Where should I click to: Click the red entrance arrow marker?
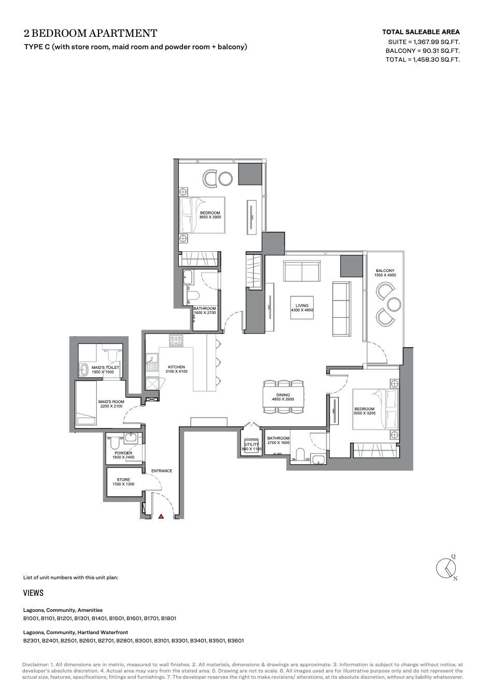pyautogui.click(x=161, y=517)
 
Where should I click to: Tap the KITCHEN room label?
pyautogui.click(x=176, y=367)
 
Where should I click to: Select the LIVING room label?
pyautogui.click(x=302, y=306)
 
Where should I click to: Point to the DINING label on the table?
pyautogui.click(x=283, y=395)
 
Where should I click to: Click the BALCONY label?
pyautogui.click(x=385, y=270)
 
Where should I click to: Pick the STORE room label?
pyautogui.click(x=123, y=480)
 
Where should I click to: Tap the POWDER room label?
pyautogui.click(x=123, y=453)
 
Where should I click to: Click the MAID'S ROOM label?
pyautogui.click(x=111, y=402)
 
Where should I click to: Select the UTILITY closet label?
pyautogui.click(x=251, y=445)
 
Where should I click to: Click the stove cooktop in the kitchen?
pyautogui.click(x=176, y=340)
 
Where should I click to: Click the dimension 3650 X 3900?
pyautogui.click(x=210, y=217)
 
